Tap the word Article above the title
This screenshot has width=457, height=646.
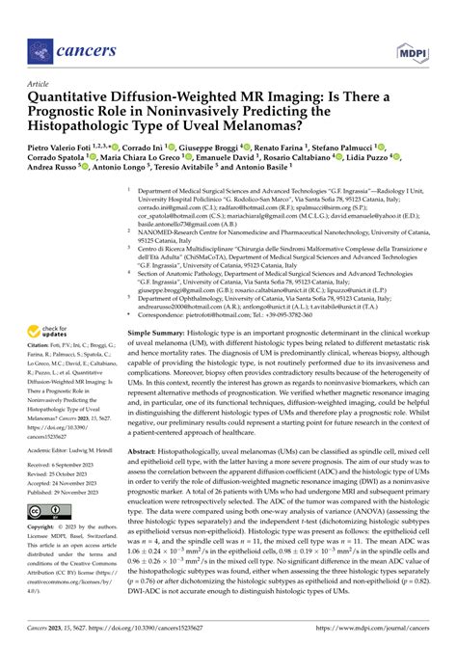(42, 84)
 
